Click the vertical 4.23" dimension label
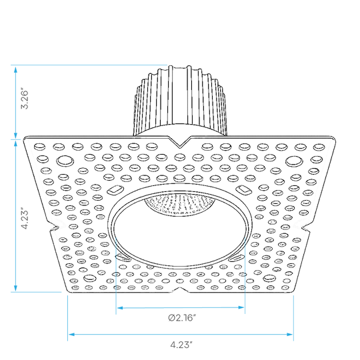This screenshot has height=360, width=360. click(25, 219)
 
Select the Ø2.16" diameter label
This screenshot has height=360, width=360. click(182, 318)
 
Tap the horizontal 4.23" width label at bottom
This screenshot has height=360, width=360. click(181, 345)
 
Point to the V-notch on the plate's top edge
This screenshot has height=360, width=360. click(180, 143)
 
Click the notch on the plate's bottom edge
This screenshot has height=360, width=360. click(181, 290)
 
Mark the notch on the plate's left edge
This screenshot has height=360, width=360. click(54, 227)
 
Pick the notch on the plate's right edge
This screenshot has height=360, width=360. click(306, 227)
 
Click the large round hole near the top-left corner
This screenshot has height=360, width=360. click(65, 161)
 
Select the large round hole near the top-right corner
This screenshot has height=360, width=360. click(294, 161)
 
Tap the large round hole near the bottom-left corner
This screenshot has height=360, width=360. click(90, 278)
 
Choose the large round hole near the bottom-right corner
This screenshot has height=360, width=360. click(270, 278)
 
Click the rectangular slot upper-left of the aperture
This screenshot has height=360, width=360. click(115, 190)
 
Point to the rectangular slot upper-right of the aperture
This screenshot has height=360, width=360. click(244, 190)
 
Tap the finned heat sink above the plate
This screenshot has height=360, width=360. click(180, 101)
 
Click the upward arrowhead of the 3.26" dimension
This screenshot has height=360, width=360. click(15, 70)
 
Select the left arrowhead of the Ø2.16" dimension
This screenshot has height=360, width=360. click(120, 307)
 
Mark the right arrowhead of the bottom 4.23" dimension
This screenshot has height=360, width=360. click(290, 334)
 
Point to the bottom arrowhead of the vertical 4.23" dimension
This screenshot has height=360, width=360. click(15, 288)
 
